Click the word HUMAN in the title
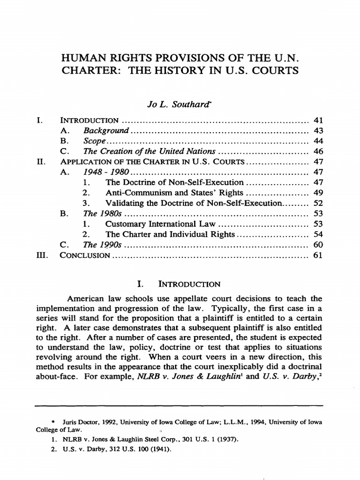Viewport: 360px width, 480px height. [85, 59]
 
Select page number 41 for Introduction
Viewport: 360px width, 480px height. [313, 120]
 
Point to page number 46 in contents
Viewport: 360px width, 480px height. [313, 151]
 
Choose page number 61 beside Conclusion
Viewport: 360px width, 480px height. [313, 255]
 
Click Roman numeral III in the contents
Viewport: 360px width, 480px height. [42, 255]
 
